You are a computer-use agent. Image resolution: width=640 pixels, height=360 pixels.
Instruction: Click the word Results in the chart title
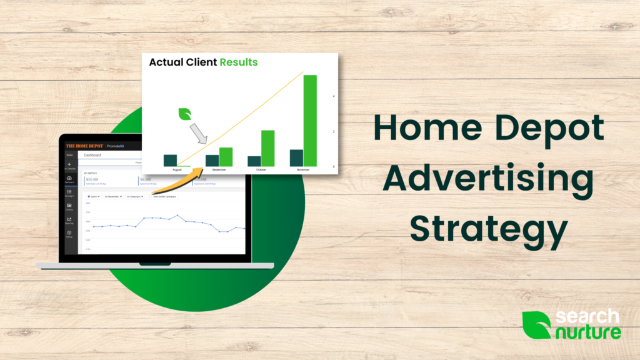click(x=239, y=62)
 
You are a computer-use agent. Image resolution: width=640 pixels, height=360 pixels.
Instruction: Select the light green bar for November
click(x=310, y=121)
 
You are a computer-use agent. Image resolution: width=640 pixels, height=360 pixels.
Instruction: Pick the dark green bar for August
click(x=170, y=160)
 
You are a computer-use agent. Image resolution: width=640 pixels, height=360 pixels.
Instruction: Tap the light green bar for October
click(x=267, y=148)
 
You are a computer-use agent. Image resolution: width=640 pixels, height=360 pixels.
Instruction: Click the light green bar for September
click(x=226, y=157)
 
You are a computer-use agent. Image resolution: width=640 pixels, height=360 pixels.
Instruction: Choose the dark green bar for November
click(x=296, y=157)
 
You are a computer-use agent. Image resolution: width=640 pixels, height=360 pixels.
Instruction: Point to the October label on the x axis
click(x=261, y=169)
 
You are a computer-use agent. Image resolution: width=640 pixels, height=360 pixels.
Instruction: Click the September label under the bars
click(x=219, y=169)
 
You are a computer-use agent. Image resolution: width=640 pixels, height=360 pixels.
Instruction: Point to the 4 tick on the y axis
click(x=333, y=96)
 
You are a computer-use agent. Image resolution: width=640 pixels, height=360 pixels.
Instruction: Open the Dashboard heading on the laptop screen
click(x=92, y=155)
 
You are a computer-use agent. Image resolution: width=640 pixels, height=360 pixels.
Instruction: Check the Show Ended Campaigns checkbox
click(x=161, y=196)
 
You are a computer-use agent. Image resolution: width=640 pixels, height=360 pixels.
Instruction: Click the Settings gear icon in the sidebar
click(x=69, y=233)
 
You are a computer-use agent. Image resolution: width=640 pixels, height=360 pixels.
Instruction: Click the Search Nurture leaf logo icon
click(x=536, y=325)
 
